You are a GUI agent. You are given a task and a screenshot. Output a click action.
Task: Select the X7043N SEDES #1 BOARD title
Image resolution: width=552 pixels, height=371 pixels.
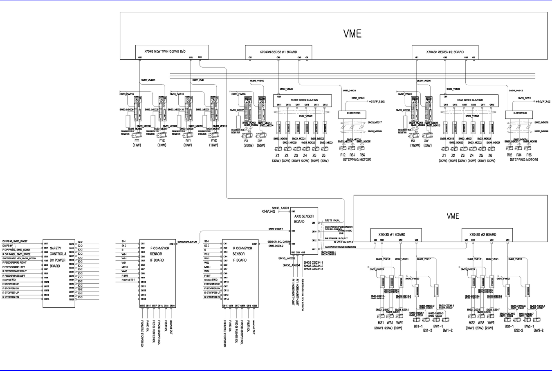pyautogui.click(x=278, y=52)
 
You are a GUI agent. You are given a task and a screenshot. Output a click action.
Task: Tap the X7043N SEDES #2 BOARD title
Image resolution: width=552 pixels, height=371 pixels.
pyautogui.click(x=445, y=52)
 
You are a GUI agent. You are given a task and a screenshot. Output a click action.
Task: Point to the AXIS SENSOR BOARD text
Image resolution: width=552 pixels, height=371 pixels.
pyautogui.click(x=304, y=219)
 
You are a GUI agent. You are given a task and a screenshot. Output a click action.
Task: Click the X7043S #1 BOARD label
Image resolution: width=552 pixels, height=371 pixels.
pyautogui.click(x=391, y=235)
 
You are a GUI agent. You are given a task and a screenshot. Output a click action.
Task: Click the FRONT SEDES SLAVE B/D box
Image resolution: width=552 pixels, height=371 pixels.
pyautogui.click(x=302, y=100)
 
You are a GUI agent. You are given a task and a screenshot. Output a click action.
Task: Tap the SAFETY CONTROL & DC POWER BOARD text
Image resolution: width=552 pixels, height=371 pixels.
pyautogui.click(x=58, y=257)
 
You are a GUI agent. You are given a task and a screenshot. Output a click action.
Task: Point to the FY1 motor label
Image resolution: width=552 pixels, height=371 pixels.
pyautogui.click(x=137, y=140)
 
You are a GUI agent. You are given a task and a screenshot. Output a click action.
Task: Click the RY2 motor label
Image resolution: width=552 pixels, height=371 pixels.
pyautogui.click(x=213, y=140)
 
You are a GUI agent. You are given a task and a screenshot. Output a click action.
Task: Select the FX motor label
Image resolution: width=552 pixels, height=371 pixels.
pyautogui.click(x=246, y=140)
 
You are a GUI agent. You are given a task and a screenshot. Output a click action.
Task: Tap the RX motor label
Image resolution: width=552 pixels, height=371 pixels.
pyautogui.click(x=413, y=140)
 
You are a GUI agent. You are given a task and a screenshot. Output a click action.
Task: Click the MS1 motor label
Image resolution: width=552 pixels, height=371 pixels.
pyautogui.click(x=381, y=323)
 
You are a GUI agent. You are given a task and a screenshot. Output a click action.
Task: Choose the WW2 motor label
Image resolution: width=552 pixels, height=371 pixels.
pyautogui.click(x=491, y=323)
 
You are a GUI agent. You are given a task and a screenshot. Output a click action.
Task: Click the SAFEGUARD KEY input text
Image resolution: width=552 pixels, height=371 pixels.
pyautogui.click(x=19, y=258)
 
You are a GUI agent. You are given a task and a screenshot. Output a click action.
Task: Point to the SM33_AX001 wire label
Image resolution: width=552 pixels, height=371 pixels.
pyautogui.click(x=281, y=208)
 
